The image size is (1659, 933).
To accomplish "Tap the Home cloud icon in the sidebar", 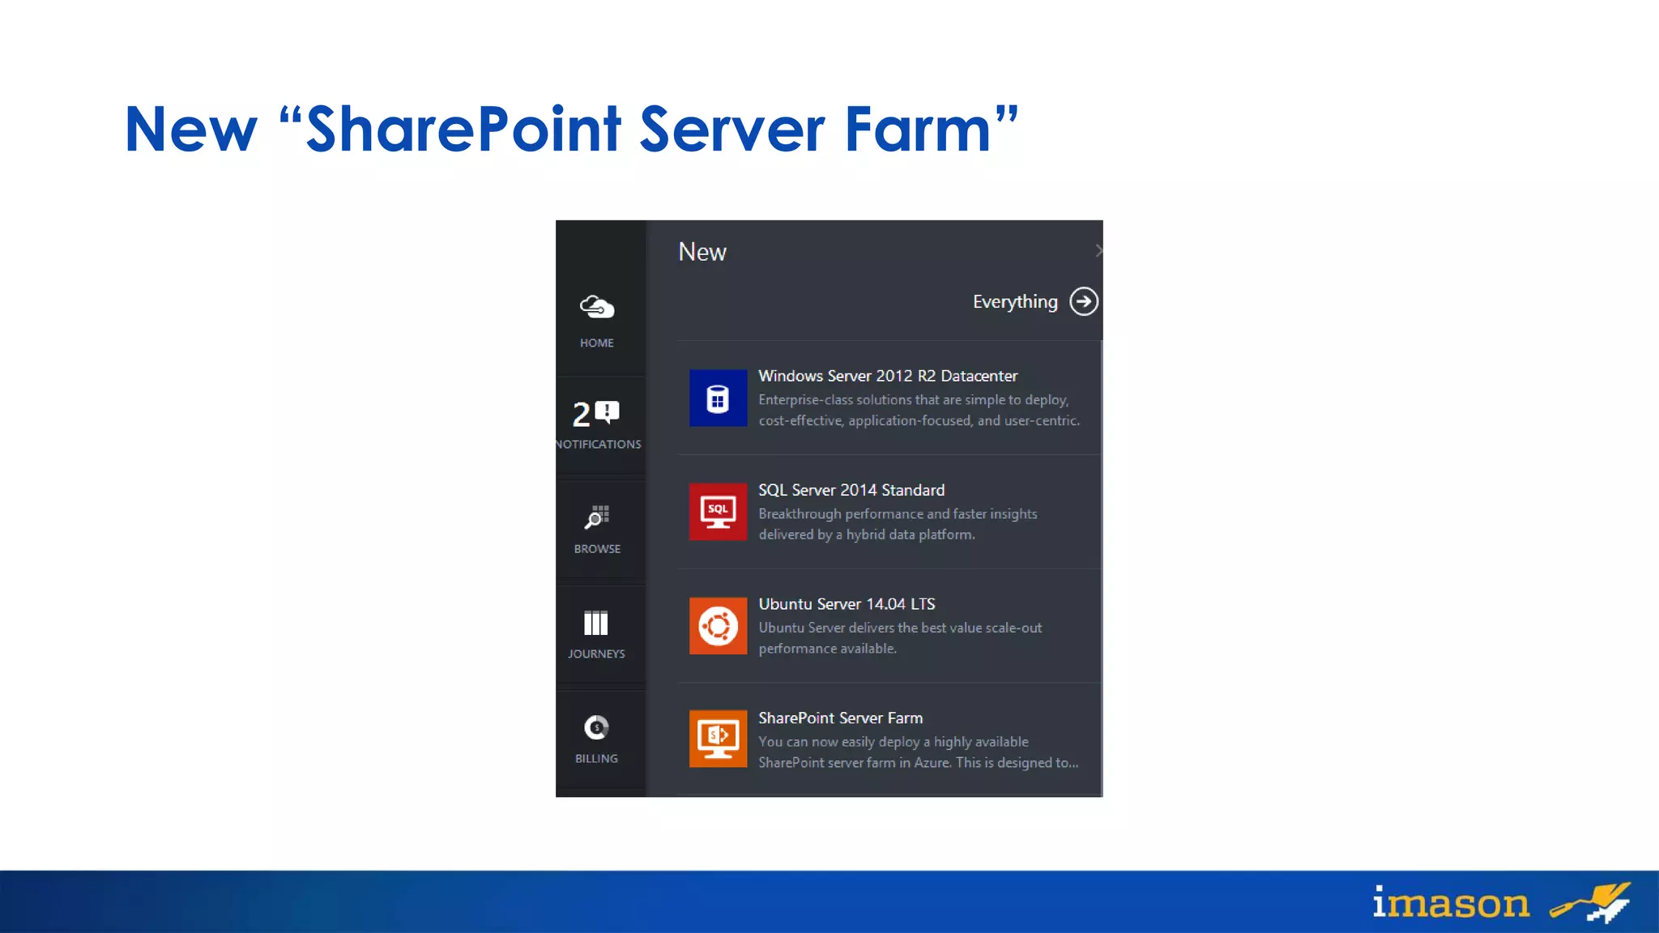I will coord(597,308).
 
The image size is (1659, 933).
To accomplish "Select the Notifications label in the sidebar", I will coord(599,444).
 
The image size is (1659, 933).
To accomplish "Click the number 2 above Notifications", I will coord(581,415).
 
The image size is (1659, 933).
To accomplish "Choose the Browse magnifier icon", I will coord(597,517).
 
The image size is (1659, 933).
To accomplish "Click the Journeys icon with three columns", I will coord(596,623).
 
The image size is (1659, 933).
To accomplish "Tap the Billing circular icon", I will coord(596,727).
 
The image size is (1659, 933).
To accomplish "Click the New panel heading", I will coord(702,252).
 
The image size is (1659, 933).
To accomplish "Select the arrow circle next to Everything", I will coord(1084,301).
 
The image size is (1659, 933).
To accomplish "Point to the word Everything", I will coord(1015,302).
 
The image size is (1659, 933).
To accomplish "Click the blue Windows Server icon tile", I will coord(718,398).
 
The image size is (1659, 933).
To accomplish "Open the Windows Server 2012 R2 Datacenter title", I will coord(888,376).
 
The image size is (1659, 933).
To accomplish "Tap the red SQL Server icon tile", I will coord(718,512).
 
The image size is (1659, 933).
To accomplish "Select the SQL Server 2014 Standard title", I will coord(851,490).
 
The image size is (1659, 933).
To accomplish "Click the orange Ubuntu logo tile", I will coord(718,626).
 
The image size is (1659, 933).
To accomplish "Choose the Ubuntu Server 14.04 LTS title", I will coord(847,604).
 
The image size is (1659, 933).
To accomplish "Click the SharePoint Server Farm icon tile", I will coord(718,738).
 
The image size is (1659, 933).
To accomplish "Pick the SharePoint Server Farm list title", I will coord(840,718).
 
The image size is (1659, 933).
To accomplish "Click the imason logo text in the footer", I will coord(1451,903).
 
